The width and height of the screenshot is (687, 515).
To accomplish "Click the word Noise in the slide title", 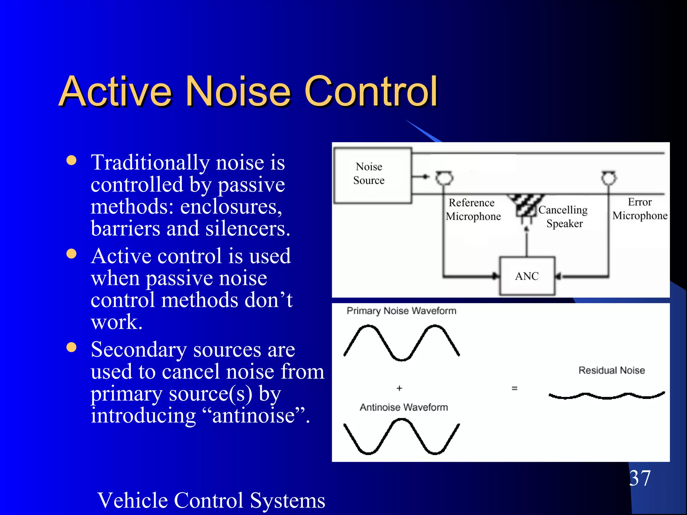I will pos(238,91).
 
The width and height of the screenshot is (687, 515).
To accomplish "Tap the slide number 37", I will pos(640,478).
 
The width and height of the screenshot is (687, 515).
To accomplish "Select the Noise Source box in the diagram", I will pos(372,175).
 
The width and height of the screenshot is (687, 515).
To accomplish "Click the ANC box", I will pos(527,276).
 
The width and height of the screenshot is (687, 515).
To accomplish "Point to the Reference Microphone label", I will pos(473,210).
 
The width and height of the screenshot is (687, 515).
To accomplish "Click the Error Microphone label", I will pos(640,209).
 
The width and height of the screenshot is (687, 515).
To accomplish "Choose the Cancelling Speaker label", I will pos(564,217).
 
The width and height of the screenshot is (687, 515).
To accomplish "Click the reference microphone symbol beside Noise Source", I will pos(444,178).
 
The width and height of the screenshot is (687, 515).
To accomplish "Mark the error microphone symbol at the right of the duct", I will pos(609,178).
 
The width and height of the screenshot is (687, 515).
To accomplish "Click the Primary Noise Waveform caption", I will pos(401,311).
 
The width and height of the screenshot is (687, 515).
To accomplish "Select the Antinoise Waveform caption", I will pos(404,407).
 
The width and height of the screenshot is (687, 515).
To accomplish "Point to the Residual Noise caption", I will pos(612,370).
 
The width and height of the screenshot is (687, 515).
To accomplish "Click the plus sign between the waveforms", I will pos(399,388).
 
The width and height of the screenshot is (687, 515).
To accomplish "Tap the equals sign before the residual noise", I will pos(515,389).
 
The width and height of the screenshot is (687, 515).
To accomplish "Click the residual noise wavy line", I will pos(606,396).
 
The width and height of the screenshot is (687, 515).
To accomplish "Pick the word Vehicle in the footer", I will pos(133,500).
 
